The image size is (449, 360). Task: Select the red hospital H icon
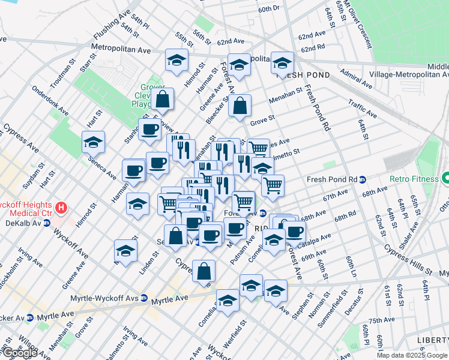[x=61, y=209]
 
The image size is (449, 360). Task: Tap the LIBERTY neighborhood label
[x=432, y=340]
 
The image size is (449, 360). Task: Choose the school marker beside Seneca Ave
[x=93, y=143]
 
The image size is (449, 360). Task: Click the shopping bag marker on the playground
[x=162, y=98]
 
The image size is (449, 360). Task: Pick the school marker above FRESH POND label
[x=282, y=62]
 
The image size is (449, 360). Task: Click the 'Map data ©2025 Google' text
[x=412, y=355]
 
